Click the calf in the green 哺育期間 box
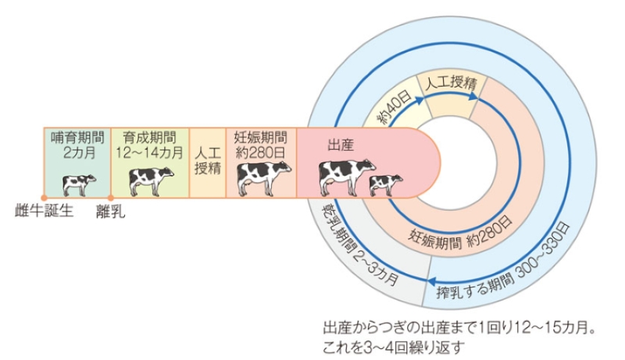coord(79,184)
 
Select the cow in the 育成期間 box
coord(151,180)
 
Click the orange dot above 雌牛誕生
coord(44,197)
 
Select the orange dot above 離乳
coord(111,197)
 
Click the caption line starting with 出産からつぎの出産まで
coord(460,327)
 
